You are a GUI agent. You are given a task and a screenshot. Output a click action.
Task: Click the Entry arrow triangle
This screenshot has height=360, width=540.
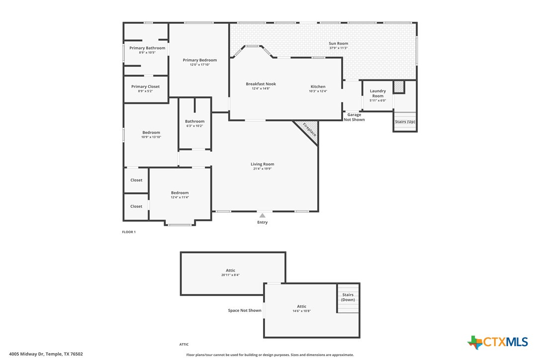tap(262, 215)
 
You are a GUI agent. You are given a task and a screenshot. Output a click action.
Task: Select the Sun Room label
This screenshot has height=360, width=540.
tap(338, 44)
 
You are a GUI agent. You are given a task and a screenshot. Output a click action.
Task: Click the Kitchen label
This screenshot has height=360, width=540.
tap(318, 87)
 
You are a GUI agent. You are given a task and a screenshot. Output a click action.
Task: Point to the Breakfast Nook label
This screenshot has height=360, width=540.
tap(261, 84)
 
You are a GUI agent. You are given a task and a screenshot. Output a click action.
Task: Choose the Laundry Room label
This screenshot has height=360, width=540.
tap(378, 93)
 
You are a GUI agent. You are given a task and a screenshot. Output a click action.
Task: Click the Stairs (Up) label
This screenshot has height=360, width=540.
tap(405, 122)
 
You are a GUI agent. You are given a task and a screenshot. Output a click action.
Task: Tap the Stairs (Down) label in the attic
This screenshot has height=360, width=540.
tap(348, 297)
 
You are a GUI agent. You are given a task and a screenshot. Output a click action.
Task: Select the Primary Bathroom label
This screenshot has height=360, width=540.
tap(147, 48)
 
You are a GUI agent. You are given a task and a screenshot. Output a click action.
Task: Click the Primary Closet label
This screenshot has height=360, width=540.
tap(146, 87)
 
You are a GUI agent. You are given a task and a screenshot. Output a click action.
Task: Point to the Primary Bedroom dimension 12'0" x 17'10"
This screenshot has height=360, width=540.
tap(200, 65)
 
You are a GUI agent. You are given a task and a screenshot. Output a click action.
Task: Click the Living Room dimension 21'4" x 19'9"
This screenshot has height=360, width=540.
tap(262, 169)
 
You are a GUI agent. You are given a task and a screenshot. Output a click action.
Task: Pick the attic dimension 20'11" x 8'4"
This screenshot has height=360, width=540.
tap(231, 275)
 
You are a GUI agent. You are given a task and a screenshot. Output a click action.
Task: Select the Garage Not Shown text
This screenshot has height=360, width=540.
tap(354, 117)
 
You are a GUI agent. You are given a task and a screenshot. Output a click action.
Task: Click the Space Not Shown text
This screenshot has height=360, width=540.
tap(245, 311)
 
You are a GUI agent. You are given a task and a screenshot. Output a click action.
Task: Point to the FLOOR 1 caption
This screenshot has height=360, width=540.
tap(129, 232)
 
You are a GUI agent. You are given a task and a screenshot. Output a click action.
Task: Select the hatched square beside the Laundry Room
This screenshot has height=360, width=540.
tap(399, 87)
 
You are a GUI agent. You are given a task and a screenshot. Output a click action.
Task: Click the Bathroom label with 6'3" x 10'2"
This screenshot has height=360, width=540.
tap(194, 121)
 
